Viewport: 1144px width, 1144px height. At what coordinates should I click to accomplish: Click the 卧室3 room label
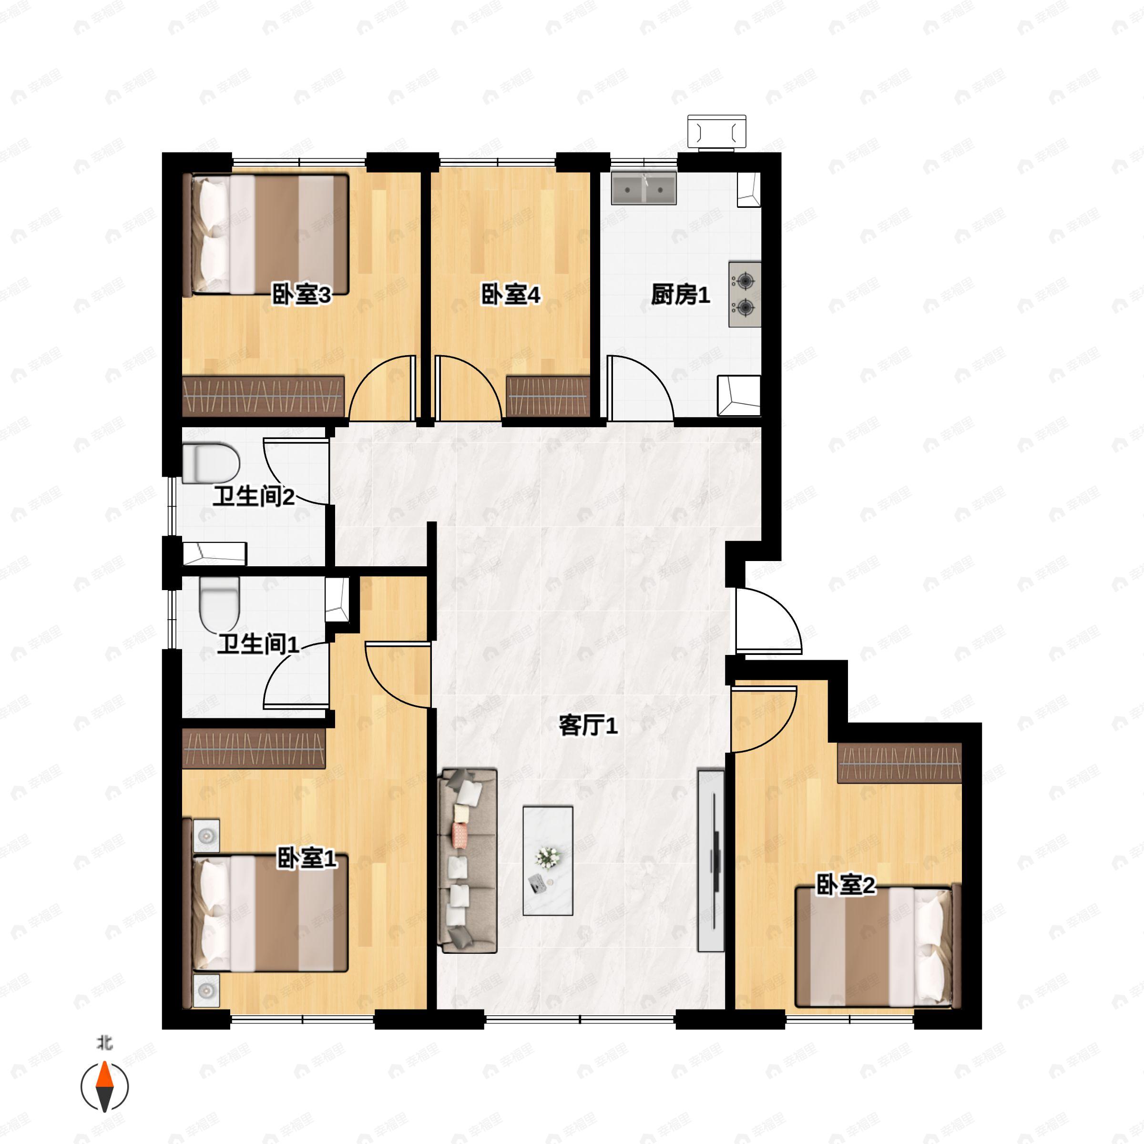click(x=301, y=294)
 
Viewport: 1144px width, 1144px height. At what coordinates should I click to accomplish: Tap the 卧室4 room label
click(x=511, y=294)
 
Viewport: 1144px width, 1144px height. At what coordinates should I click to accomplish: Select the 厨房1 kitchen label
click(x=680, y=294)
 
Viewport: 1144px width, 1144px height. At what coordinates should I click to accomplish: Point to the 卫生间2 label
click(x=254, y=496)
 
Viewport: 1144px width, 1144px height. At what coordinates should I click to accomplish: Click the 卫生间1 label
click(x=257, y=644)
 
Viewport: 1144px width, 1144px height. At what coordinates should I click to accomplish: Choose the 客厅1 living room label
click(x=588, y=725)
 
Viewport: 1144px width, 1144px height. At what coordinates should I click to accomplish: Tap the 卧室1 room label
click(x=306, y=858)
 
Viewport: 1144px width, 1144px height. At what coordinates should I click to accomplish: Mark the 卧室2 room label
click(x=845, y=885)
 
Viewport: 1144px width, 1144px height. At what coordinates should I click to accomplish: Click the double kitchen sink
click(x=643, y=188)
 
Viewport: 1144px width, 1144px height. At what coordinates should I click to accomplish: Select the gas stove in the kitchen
click(x=744, y=294)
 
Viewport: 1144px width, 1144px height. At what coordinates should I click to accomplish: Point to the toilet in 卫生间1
click(x=219, y=604)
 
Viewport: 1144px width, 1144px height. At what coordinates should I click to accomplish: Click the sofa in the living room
click(x=467, y=861)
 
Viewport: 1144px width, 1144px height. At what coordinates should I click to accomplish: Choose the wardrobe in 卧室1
click(x=254, y=748)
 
